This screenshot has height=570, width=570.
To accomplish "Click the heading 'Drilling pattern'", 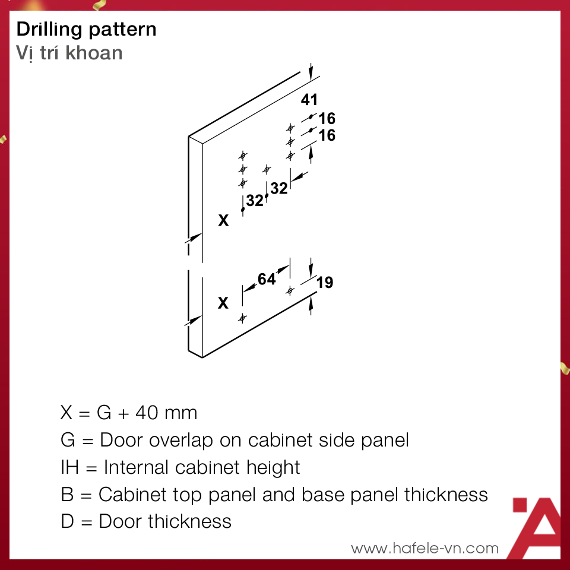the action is [87, 30].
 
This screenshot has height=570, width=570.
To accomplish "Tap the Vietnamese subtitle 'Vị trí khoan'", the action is [69, 53].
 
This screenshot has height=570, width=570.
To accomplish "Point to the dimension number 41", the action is [309, 100].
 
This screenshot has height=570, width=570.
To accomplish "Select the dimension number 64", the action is [267, 279].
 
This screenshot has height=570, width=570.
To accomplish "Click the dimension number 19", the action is [325, 283].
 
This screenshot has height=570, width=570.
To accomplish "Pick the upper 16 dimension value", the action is [327, 119].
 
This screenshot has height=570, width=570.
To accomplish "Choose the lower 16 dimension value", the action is [327, 135].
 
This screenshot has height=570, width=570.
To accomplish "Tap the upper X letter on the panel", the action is [224, 220].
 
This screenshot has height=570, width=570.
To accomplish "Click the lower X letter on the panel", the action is [223, 303].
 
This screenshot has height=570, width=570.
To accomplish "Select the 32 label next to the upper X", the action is [255, 200].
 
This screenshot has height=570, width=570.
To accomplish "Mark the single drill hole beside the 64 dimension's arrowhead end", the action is [290, 291].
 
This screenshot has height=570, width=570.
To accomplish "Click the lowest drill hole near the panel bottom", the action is [242, 319].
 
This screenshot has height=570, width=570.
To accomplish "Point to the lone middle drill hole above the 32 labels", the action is [267, 169].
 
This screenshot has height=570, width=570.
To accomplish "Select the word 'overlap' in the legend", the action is [180, 441].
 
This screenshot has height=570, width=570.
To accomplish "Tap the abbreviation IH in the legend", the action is [70, 467].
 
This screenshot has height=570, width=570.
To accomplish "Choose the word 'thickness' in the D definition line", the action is [189, 521].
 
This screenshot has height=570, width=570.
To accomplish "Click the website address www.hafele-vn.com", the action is [425, 548].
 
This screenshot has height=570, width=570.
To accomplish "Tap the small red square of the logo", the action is [520, 505].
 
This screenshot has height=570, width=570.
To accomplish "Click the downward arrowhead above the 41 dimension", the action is [311, 75].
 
